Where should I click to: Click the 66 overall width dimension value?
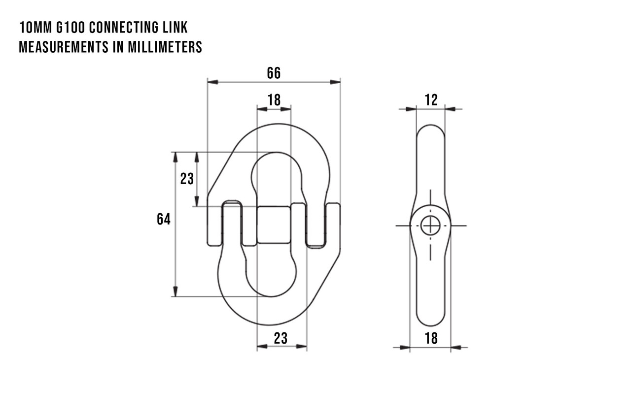[x=274, y=73]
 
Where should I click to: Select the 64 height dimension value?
[x=164, y=219]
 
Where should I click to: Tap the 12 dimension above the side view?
[x=431, y=100]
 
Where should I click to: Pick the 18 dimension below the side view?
[x=430, y=338]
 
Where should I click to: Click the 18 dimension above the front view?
[x=274, y=100]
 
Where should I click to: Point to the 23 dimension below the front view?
[x=280, y=338]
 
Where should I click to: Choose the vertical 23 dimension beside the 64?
[x=187, y=179]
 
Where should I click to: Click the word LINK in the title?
[x=175, y=27]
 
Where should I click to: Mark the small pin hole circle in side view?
[x=430, y=226]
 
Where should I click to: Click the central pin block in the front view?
[x=274, y=225]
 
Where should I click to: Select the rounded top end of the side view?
[x=430, y=130]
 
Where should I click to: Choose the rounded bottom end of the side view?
[x=430, y=320]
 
